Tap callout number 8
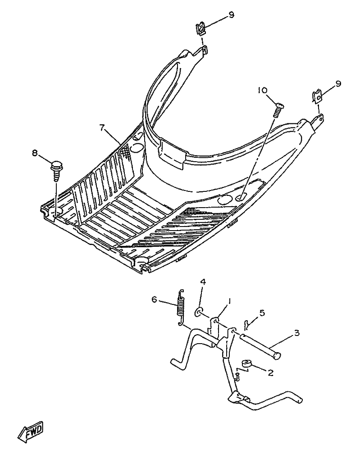35,153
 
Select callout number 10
262,90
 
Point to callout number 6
155,299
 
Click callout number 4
203,282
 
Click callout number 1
229,300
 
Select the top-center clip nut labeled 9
201,30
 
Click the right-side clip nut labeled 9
317,95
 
